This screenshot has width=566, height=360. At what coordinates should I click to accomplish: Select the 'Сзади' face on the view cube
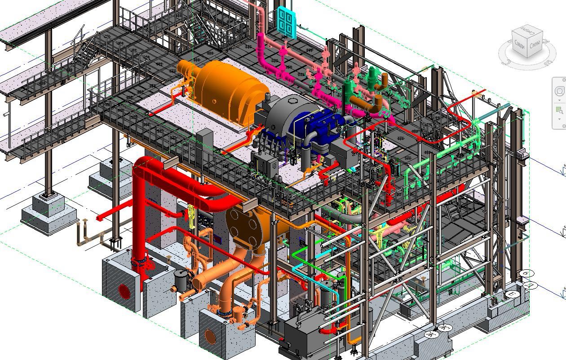click(520, 45)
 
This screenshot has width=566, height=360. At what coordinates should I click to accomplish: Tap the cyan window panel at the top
click(285, 21)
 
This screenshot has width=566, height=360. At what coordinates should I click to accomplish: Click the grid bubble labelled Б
click(526, 273)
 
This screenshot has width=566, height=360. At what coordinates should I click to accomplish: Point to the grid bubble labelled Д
click(530, 285)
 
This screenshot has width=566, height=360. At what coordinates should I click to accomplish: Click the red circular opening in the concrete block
click(124, 292)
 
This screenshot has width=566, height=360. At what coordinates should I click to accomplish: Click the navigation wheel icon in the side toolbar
click(560, 91)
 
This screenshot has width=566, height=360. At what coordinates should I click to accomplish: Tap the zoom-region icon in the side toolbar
click(559, 110)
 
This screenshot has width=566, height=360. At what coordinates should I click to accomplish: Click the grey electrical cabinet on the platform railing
click(204, 144)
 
